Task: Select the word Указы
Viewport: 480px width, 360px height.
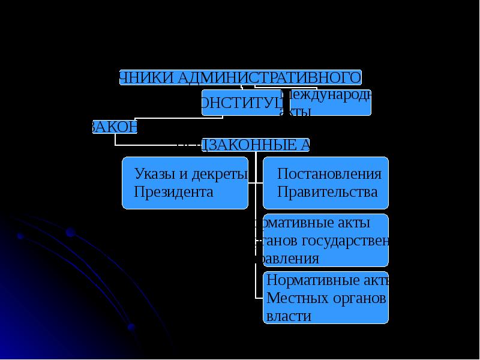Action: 154,175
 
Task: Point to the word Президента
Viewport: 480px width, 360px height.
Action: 174,192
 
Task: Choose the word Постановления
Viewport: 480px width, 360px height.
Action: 329,174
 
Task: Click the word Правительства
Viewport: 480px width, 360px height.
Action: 328,192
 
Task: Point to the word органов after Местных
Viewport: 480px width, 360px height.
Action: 359,298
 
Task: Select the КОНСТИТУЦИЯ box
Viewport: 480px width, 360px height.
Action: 240,103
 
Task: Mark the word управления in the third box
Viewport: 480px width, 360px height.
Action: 288,259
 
